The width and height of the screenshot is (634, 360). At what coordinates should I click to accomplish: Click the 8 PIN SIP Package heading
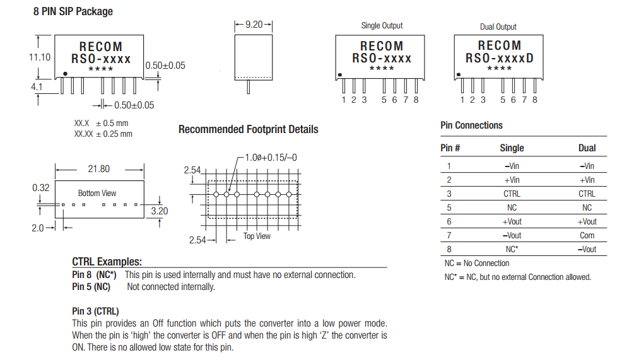73,11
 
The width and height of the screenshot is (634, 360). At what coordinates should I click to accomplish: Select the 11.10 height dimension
40,57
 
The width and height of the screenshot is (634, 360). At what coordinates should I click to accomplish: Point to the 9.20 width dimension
254,25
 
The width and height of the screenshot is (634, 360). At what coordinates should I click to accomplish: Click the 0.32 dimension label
41,188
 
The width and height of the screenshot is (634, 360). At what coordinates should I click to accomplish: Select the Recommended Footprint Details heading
248,129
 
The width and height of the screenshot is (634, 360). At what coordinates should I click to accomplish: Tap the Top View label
257,236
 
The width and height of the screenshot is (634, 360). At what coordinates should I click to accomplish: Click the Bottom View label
97,193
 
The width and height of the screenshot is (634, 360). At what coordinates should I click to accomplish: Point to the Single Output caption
382,26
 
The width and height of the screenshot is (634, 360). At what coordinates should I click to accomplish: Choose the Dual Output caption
498,27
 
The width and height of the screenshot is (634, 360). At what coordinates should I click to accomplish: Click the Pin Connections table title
471,125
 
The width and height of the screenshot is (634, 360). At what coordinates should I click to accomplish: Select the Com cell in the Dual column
587,235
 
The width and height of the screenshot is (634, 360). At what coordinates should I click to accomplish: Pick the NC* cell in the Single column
511,249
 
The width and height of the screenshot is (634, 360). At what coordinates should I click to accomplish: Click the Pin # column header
450,148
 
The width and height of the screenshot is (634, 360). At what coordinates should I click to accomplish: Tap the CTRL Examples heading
107,262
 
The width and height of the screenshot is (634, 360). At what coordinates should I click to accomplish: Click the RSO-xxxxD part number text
499,59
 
